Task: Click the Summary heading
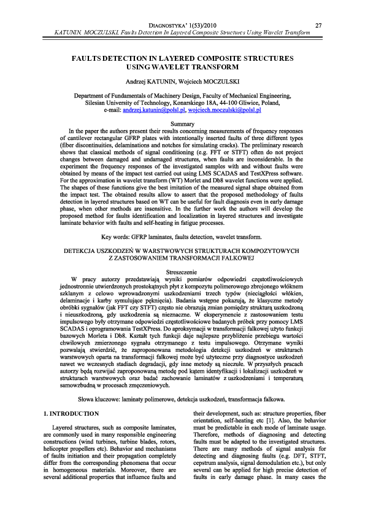(182, 124)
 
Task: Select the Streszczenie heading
(182, 271)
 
